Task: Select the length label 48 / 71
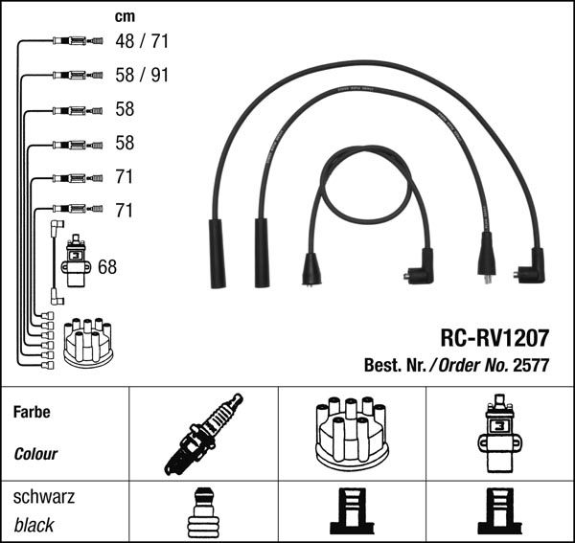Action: (x=141, y=41)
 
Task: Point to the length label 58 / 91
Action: (x=141, y=75)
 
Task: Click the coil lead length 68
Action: (x=107, y=266)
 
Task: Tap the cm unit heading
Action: (x=125, y=15)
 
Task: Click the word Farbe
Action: (x=33, y=413)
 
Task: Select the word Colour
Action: (x=35, y=454)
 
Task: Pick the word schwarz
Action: (x=44, y=498)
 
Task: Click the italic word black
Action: (x=34, y=525)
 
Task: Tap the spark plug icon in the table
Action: (x=203, y=434)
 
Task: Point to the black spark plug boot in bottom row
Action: (x=202, y=512)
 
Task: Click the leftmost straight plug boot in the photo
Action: (x=217, y=253)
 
